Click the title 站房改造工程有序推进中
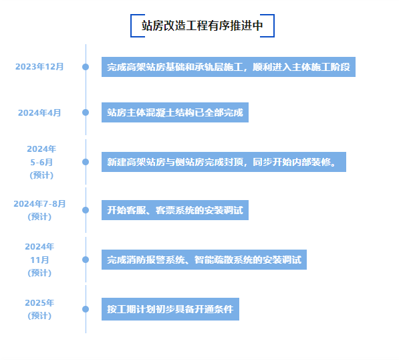203,25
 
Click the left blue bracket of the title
131,25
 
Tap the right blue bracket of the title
274,25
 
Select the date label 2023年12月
39,67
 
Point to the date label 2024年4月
39,112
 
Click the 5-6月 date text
41,162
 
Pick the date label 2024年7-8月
39,204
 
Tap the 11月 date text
39,260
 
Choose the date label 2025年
39,302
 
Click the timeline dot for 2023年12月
86,67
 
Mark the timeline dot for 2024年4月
86,112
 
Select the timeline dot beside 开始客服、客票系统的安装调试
86,210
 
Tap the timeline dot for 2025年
86,309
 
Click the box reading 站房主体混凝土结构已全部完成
175,112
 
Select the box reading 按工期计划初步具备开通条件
170,309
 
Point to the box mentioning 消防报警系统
204,260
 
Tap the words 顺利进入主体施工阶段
301,67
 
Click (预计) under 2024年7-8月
39,217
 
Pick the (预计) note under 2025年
39,316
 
